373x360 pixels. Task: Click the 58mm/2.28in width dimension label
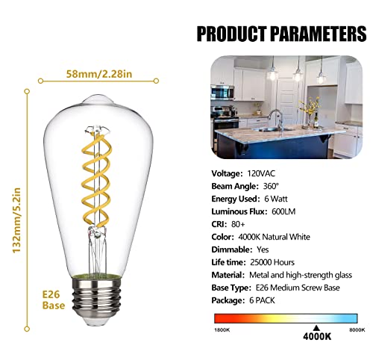[99, 74]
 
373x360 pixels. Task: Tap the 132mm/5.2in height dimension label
[16, 220]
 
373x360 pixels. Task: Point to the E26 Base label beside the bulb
[54, 300]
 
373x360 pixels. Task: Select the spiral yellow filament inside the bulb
[96, 179]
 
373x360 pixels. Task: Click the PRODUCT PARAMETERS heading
[281, 34]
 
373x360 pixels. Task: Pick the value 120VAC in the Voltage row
[261, 173]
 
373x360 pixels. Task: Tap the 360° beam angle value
[271, 186]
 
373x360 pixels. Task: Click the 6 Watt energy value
[272, 199]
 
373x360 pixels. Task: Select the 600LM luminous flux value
[283, 211]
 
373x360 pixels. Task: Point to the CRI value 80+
[238, 224]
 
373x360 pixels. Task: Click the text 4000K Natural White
[274, 237]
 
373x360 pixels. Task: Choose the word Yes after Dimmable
[263, 249]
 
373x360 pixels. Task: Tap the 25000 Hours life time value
[272, 262]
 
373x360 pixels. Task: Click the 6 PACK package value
[262, 300]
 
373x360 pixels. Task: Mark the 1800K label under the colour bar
[222, 330]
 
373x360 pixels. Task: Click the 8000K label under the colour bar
[357, 330]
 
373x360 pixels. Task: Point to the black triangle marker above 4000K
[316, 328]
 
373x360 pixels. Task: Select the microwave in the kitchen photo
[222, 93]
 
